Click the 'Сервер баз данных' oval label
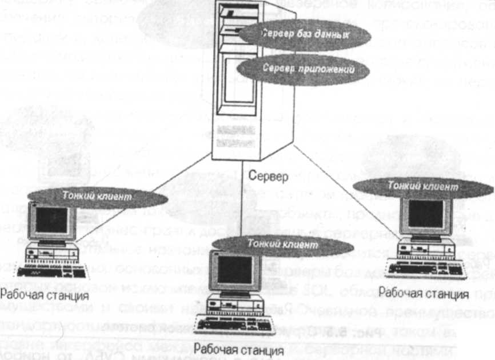[x=304, y=35]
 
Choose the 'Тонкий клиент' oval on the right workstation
[x=421, y=186]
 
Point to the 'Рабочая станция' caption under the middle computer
[x=230, y=349]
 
